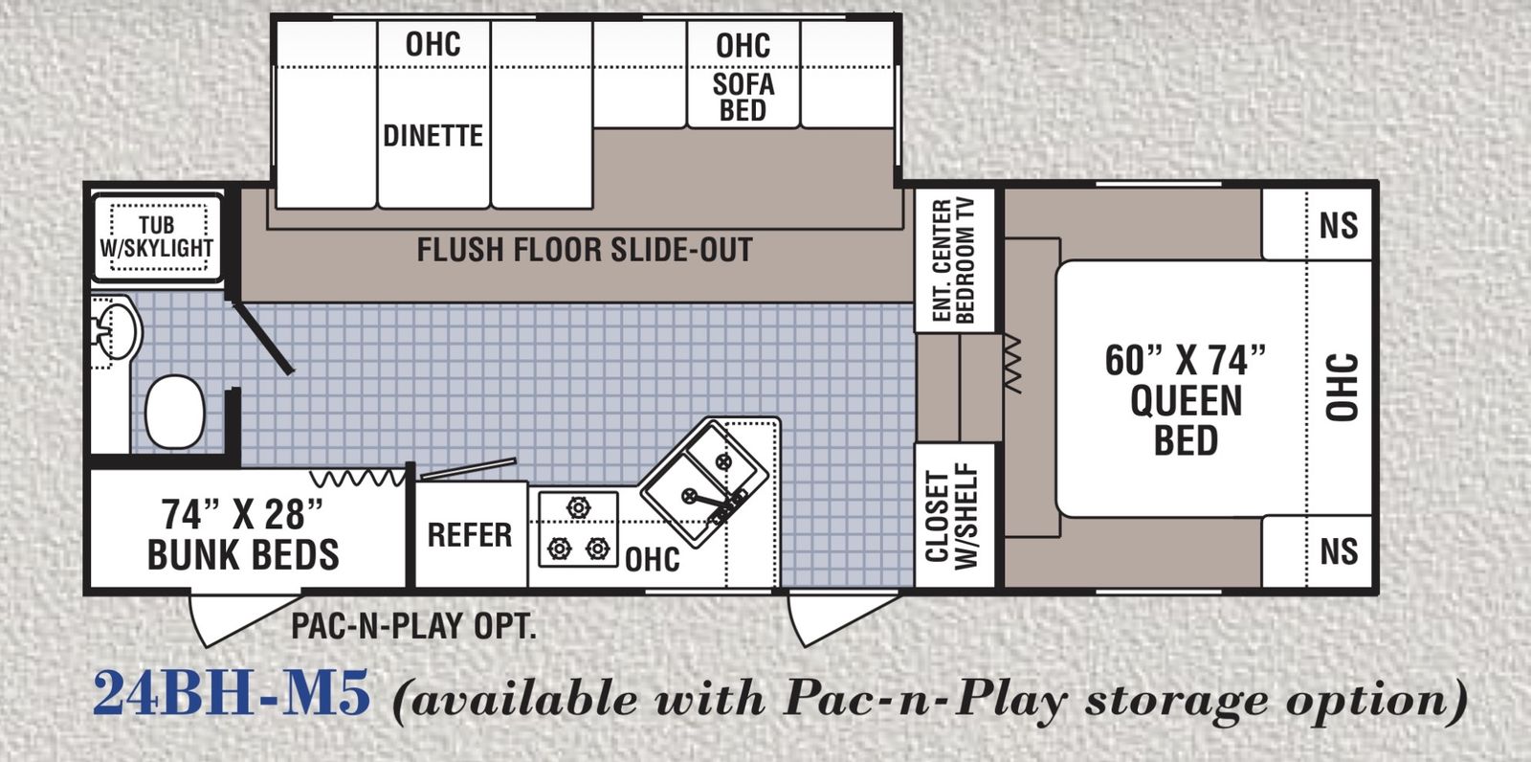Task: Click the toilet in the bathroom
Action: [176, 411]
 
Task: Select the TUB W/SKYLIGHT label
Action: [157, 236]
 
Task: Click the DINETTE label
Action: [433, 136]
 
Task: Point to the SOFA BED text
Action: [743, 97]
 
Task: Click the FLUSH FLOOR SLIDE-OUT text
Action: [585, 250]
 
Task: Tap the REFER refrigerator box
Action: [470, 534]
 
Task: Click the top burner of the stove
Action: [578, 508]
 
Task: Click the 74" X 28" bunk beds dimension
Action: [242, 514]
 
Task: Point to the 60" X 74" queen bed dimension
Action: [1186, 360]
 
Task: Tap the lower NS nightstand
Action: [1317, 551]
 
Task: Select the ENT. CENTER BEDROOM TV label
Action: [952, 260]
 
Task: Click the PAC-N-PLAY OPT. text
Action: [413, 625]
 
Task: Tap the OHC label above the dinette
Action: [433, 44]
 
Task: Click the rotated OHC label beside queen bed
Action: [1342, 387]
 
